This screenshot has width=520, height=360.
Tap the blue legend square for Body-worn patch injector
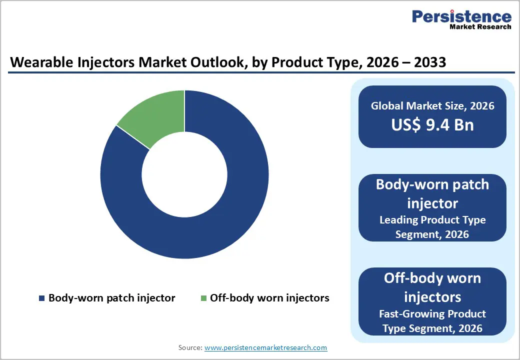(x=41, y=298)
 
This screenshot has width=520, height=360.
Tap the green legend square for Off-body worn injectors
(x=203, y=298)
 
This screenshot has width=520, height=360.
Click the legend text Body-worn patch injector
(x=111, y=298)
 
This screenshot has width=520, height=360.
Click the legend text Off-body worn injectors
(x=269, y=298)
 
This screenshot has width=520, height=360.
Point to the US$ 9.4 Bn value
(x=432, y=124)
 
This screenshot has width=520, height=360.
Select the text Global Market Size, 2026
(x=432, y=105)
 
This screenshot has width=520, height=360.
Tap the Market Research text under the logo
(x=479, y=27)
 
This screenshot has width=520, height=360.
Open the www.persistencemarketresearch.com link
(x=266, y=347)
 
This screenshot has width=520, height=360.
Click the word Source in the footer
(x=190, y=347)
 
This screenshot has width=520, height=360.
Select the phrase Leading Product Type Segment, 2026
(x=432, y=226)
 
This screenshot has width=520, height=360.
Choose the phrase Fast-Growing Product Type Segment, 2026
(x=432, y=320)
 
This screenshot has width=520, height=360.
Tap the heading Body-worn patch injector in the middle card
(x=432, y=194)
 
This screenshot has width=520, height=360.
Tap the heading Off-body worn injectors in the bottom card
(x=432, y=287)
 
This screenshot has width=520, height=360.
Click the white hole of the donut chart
(x=184, y=174)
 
